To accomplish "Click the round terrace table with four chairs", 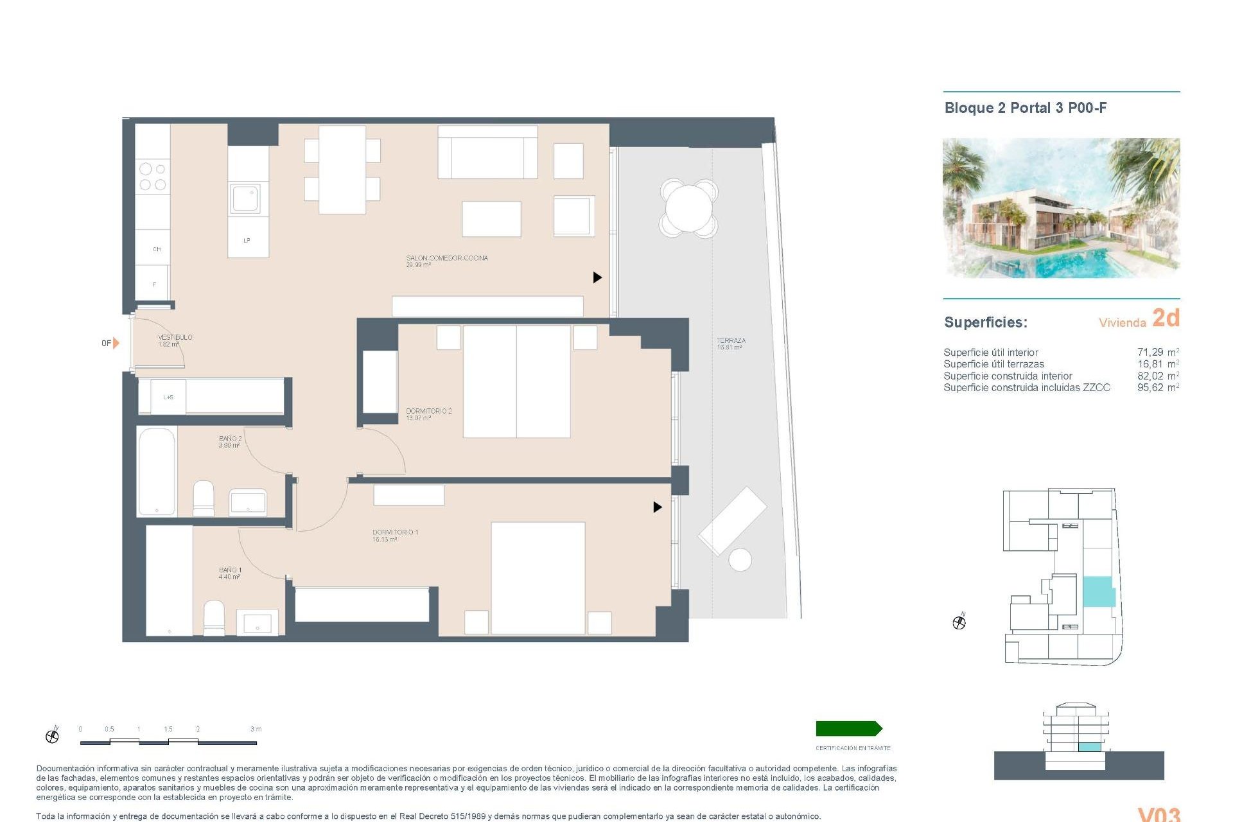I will (x=688, y=207).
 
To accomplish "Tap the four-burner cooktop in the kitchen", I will (x=152, y=177).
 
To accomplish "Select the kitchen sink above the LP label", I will (x=246, y=199).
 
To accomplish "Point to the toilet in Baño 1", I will (x=214, y=617).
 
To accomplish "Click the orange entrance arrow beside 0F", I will (x=116, y=343).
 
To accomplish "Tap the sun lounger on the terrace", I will (x=732, y=520).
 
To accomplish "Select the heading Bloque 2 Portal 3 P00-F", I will (x=1025, y=108).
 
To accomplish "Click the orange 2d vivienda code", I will (x=1166, y=318).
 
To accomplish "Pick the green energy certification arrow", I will (x=848, y=728).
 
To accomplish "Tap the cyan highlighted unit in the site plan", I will (x=1097, y=591).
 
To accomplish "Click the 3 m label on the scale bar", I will (x=256, y=729).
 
